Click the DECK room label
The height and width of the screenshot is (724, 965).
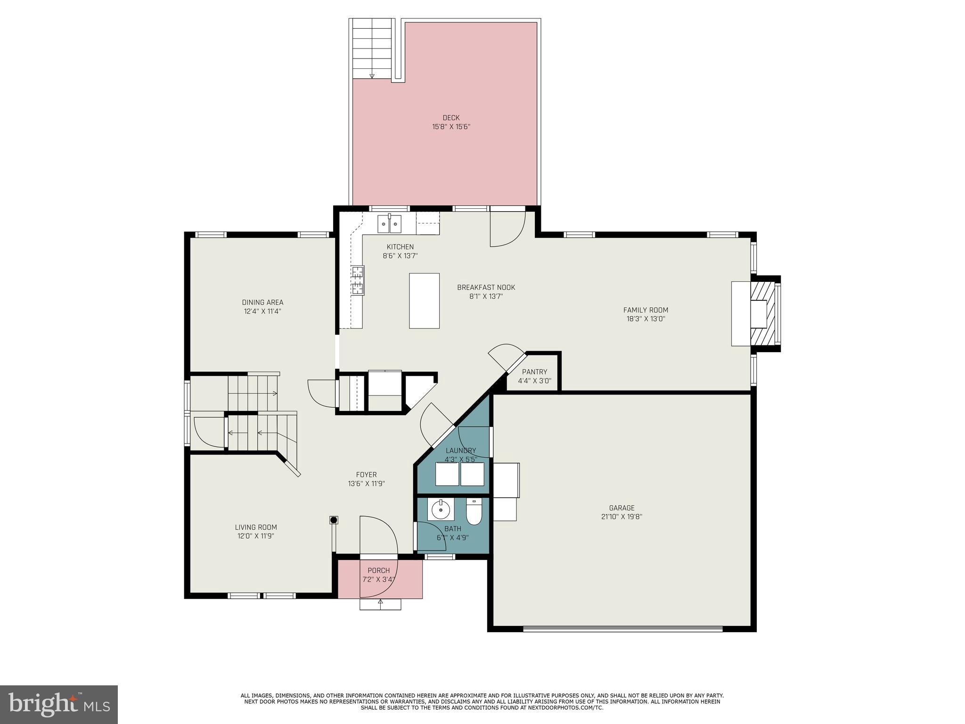451,118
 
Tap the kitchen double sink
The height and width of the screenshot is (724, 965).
389,223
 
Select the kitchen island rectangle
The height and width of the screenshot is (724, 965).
424,301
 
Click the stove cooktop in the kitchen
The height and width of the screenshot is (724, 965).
357,280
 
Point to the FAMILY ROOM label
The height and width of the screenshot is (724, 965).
646,310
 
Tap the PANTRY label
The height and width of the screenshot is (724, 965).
534,372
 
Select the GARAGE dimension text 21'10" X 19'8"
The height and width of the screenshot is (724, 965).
622,517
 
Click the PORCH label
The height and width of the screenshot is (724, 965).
379,571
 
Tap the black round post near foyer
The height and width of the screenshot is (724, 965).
334,520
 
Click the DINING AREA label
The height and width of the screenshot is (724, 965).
262,303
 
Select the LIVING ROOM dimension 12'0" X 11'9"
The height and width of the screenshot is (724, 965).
256,536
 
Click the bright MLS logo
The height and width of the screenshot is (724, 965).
59,705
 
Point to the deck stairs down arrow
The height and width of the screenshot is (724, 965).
372,76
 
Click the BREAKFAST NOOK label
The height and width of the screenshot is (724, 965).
486,288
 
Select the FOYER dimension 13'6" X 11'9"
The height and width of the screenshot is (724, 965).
366,484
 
